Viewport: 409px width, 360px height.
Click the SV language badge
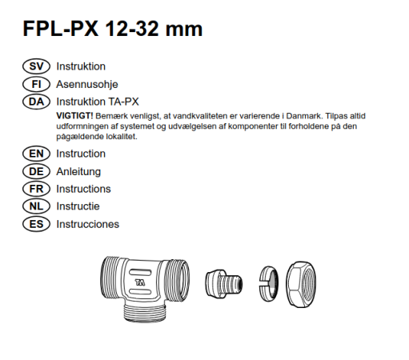36,66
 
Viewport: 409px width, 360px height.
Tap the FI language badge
36,84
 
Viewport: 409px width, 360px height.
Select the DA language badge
36,102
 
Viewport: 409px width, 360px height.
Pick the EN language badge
36,154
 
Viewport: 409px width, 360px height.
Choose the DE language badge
36,171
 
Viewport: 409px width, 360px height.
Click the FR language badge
36,189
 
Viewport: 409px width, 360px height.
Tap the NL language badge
36,206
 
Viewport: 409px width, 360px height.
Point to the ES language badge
36,224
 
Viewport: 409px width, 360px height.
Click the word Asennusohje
87,85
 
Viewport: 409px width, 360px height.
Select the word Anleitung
78,171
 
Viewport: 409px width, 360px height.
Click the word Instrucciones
88,224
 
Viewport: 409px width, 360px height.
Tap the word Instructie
78,206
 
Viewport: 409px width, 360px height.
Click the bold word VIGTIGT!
74,116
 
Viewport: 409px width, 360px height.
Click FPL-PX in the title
61,29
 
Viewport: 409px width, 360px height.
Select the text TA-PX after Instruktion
123,102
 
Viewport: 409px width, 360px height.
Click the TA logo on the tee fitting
140,282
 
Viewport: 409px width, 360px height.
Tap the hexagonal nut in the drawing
301,284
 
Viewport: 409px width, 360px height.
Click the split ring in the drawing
269,283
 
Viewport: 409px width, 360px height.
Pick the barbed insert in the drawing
224,283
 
